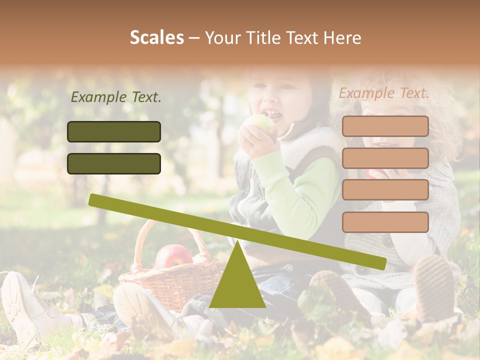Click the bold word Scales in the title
(156, 37)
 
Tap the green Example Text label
(116, 97)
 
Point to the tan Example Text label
(384, 93)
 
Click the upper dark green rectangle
(114, 131)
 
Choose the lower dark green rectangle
(114, 163)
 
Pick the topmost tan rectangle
(385, 126)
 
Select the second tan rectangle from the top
(385, 158)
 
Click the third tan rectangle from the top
(385, 190)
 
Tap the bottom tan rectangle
(385, 222)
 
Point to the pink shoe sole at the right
(434, 285)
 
